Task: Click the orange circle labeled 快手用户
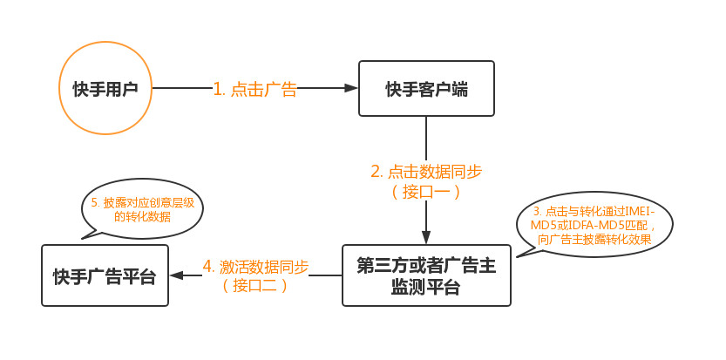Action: coord(105,88)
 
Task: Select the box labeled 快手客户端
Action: coord(426,88)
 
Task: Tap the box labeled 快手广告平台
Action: coord(105,276)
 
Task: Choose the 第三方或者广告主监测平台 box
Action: coord(426,276)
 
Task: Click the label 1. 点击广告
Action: coord(254,89)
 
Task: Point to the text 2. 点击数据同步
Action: coord(426,171)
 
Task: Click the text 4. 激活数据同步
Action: coord(256,266)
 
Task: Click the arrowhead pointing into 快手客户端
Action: coord(352,88)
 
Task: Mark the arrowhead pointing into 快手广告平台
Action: coord(176,275)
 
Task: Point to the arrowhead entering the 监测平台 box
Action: coord(426,237)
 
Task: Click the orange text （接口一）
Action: coord(426,191)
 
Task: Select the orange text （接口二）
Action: coord(256,285)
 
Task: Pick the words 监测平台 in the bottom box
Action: coord(426,288)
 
